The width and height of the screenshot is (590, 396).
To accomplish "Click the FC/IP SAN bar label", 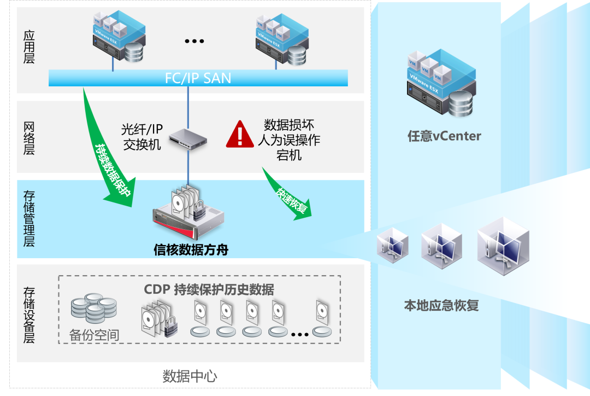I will coord(198,78).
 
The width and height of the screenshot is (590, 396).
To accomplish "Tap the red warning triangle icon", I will coord(238,135).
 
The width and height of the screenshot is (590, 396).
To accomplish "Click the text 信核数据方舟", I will coord(191,251).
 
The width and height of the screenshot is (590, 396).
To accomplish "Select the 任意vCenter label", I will coord(444,136).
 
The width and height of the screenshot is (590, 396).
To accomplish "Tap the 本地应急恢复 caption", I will coord(441,305).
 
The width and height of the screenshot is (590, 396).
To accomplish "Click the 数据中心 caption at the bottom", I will coord(190,376).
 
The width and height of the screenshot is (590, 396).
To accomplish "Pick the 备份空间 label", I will coord(95,334).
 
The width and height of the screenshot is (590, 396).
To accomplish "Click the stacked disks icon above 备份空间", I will coord(93,309).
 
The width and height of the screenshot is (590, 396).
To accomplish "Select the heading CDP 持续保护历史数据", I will coord(209,289).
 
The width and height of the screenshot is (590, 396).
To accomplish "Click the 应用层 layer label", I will coord(29,47).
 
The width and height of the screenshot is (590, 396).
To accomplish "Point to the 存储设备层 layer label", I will coord(29,314).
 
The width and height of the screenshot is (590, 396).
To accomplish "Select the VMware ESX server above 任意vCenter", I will coord(440,82).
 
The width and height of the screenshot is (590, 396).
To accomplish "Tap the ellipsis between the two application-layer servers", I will coord(194,41).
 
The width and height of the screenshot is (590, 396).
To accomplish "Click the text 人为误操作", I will coord(289,140).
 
